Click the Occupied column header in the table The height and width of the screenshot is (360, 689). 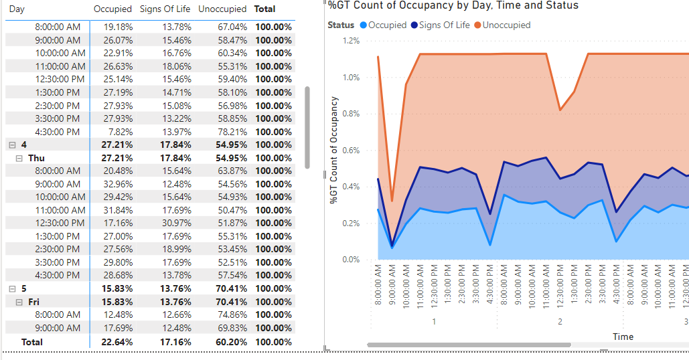tap(112, 9)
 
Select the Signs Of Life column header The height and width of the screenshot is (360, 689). tap(165, 9)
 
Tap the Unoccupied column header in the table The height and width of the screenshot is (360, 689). tap(222, 9)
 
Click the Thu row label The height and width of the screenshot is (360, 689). tap(36, 158)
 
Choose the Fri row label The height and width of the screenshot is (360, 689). tap(34, 302)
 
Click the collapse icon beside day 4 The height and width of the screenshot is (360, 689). tap(12, 145)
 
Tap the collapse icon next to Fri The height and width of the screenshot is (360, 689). tap(19, 302)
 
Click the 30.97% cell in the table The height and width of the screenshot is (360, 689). tap(176, 223)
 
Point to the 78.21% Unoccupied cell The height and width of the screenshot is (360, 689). tap(232, 132)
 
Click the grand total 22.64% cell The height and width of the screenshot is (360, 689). tap(117, 342)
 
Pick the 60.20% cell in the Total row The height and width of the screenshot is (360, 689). tap(231, 342)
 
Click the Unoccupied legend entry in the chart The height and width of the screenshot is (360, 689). tap(502, 25)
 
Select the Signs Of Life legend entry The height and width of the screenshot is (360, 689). tap(441, 25)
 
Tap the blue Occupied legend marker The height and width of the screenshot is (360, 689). tap(364, 25)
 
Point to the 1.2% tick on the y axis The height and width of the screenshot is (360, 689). tap(351, 41)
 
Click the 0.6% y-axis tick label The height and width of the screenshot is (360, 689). tap(351, 150)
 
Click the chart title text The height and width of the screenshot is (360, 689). tap(453, 5)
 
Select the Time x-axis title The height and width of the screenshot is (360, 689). tap(623, 337)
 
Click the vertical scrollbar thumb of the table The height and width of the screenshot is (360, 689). tap(307, 127)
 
